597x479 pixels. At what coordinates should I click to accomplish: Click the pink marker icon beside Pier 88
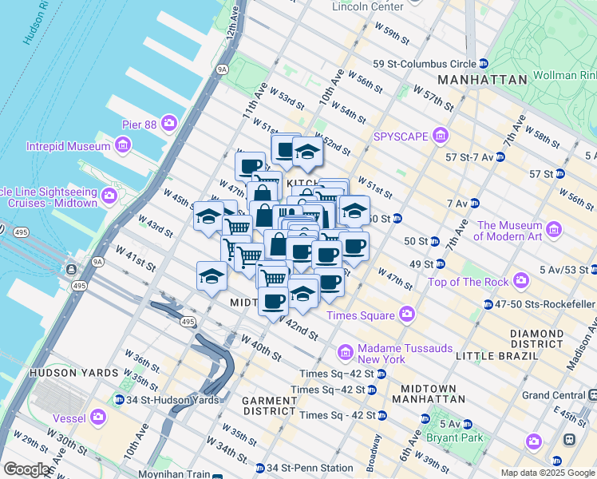tap(169, 122)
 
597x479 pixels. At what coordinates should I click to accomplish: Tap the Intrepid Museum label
tap(69, 146)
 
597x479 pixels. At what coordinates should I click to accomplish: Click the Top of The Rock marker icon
tap(521, 281)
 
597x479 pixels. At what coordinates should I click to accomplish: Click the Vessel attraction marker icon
tap(98, 416)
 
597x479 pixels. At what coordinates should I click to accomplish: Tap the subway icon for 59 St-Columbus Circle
tap(484, 64)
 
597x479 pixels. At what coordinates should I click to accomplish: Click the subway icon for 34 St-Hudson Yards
tap(119, 400)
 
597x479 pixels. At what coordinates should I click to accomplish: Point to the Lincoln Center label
tap(368, 7)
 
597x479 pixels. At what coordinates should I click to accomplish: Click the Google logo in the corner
tap(28, 469)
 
